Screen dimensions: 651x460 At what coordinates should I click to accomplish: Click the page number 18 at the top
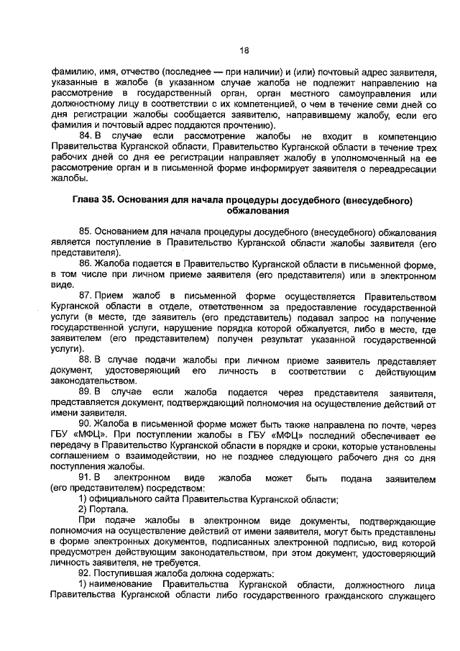[x=244, y=50]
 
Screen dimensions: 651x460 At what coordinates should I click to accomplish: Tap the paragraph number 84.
[x=87, y=134]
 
